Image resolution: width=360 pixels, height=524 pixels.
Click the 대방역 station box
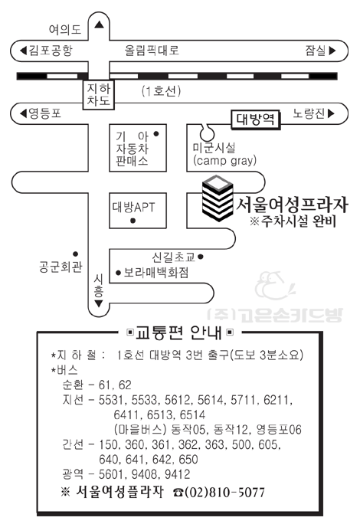(x=256, y=120)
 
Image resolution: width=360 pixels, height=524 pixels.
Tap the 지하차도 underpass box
(x=99, y=94)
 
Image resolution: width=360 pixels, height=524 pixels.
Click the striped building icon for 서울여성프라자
(x=218, y=198)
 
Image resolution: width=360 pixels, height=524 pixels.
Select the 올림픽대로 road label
(x=152, y=50)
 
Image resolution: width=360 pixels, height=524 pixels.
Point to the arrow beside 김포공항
(x=23, y=51)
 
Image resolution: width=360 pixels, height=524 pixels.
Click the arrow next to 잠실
(x=332, y=51)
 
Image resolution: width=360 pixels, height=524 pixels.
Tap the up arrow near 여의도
(x=99, y=25)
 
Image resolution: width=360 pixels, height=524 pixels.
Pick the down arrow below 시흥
(x=99, y=303)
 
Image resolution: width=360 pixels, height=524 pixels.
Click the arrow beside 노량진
(x=331, y=113)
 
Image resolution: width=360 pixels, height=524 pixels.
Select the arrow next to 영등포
(x=23, y=113)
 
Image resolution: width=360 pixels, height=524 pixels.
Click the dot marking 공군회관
(x=76, y=254)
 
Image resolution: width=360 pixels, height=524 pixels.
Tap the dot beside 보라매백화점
(x=118, y=273)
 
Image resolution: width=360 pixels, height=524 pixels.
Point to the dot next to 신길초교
(x=201, y=257)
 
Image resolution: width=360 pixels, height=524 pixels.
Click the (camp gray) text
(x=225, y=160)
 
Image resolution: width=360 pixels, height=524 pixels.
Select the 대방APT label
(x=134, y=207)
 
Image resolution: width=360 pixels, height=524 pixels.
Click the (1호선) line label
(x=161, y=91)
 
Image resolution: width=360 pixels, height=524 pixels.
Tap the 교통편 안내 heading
(x=179, y=332)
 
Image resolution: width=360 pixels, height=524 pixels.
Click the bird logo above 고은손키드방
(x=275, y=285)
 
